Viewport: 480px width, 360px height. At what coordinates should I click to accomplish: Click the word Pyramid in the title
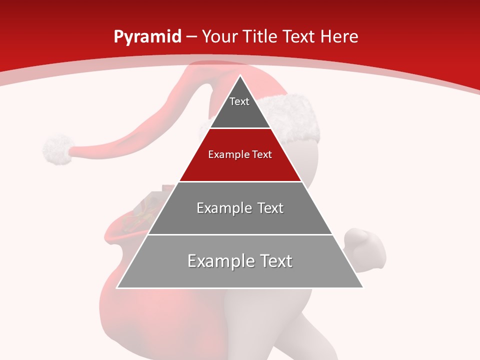click(x=147, y=37)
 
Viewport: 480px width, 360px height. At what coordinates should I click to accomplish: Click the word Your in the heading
click(x=219, y=36)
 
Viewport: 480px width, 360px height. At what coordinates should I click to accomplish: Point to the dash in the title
click(x=191, y=37)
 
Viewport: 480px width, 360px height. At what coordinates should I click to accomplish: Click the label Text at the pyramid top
click(x=239, y=101)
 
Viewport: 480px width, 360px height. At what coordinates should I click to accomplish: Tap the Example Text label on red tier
click(x=240, y=154)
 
